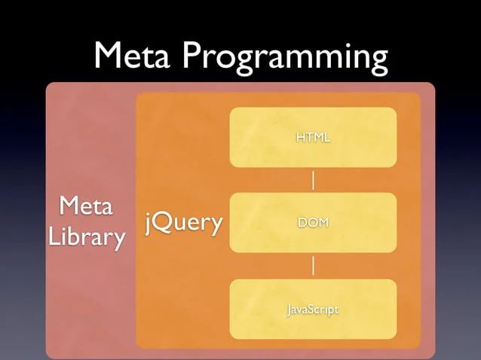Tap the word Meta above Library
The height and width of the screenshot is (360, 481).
coord(85,206)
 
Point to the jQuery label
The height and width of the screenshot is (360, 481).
coord(184,223)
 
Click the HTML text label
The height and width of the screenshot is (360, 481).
coord(313,138)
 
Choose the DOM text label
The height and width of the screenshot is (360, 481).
coord(313,224)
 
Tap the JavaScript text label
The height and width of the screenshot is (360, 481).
coord(313,310)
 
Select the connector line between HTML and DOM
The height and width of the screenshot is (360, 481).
coord(313,180)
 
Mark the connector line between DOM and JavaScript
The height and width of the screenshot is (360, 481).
coord(313,266)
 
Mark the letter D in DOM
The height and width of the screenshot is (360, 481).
coord(302,224)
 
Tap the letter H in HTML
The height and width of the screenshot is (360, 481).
coord(300,138)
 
